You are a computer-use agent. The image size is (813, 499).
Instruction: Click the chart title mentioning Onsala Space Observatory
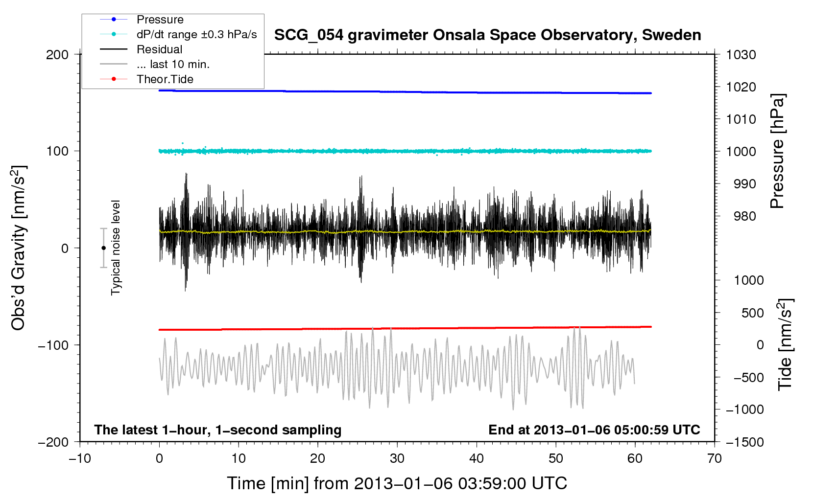point(487,35)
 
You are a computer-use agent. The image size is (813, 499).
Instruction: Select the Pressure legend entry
point(160,20)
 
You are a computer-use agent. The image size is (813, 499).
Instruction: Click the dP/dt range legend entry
point(196,34)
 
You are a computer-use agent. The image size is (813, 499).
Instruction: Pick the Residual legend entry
point(159,49)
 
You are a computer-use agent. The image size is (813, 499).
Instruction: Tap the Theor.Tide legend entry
point(165,79)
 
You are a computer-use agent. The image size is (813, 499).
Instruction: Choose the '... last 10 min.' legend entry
point(173,64)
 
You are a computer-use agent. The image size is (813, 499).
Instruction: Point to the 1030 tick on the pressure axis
point(741,55)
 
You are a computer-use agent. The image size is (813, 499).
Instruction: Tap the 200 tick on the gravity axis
point(57,54)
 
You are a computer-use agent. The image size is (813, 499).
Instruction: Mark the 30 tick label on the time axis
point(397,458)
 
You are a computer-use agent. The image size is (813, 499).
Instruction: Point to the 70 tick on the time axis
point(715,458)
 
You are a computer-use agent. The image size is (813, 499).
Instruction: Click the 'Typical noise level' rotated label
point(116,248)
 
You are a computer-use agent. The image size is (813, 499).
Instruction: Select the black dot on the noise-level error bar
point(103,248)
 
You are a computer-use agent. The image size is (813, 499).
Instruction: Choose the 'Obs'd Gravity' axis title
point(19,248)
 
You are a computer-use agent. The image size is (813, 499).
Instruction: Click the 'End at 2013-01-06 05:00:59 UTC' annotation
point(594,430)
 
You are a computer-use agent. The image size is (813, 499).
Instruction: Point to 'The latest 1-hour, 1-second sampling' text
point(218,430)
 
